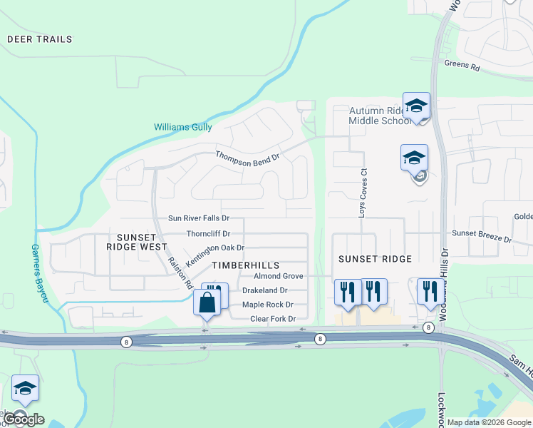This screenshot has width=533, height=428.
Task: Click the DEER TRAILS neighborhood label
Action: pyautogui.click(x=40, y=39)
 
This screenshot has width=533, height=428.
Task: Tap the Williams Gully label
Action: pyautogui.click(x=183, y=127)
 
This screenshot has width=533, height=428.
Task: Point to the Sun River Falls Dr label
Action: pyautogui.click(x=199, y=218)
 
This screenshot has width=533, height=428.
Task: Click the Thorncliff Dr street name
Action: pyautogui.click(x=208, y=233)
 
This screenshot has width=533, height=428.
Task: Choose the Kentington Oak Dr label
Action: pyautogui.click(x=216, y=248)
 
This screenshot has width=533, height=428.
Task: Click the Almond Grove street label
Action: pyautogui.click(x=279, y=276)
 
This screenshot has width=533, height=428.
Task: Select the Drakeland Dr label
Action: pyautogui.click(x=264, y=290)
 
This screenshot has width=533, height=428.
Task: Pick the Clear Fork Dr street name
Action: pyautogui.click(x=273, y=319)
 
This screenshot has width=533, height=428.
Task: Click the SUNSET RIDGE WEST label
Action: pyautogui.click(x=137, y=241)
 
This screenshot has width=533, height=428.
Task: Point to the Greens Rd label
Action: pyautogui.click(x=462, y=64)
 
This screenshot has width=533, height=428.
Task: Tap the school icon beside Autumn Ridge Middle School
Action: pyautogui.click(x=416, y=106)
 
